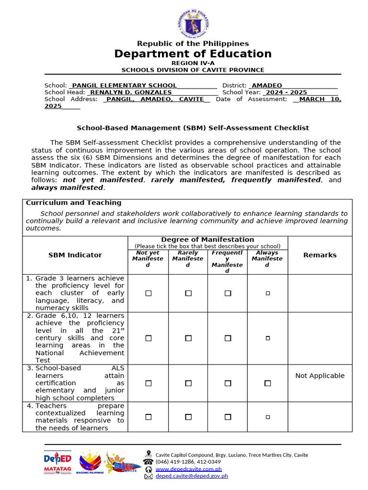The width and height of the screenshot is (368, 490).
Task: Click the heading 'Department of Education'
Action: [x=193, y=54]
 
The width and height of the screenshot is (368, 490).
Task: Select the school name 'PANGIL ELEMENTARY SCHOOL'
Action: [x=124, y=85]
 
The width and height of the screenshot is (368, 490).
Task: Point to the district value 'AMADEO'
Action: [x=267, y=85]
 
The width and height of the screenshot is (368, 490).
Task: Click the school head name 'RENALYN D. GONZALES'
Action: [x=131, y=92]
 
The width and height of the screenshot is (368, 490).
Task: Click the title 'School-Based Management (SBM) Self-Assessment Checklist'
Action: [x=193, y=128]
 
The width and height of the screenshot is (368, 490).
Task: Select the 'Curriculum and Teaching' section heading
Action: [x=73, y=203]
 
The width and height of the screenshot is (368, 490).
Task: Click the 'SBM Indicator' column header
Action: [x=75, y=255]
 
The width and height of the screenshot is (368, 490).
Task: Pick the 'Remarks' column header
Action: [x=320, y=255]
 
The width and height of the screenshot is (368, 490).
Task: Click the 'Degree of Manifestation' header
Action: [x=207, y=239]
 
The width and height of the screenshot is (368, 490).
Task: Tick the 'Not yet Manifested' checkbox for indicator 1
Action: [x=148, y=293]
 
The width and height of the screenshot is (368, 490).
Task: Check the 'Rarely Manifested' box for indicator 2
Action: [x=188, y=338]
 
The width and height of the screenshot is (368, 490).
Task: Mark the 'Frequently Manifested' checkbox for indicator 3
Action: [x=228, y=383]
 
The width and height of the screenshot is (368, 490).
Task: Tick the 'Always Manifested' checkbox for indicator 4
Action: [x=267, y=417]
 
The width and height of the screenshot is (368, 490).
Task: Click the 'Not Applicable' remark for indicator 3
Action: [x=320, y=376]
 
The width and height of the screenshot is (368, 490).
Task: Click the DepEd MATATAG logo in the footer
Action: [x=57, y=462]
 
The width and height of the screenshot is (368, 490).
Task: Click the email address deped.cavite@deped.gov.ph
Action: [x=192, y=476]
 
